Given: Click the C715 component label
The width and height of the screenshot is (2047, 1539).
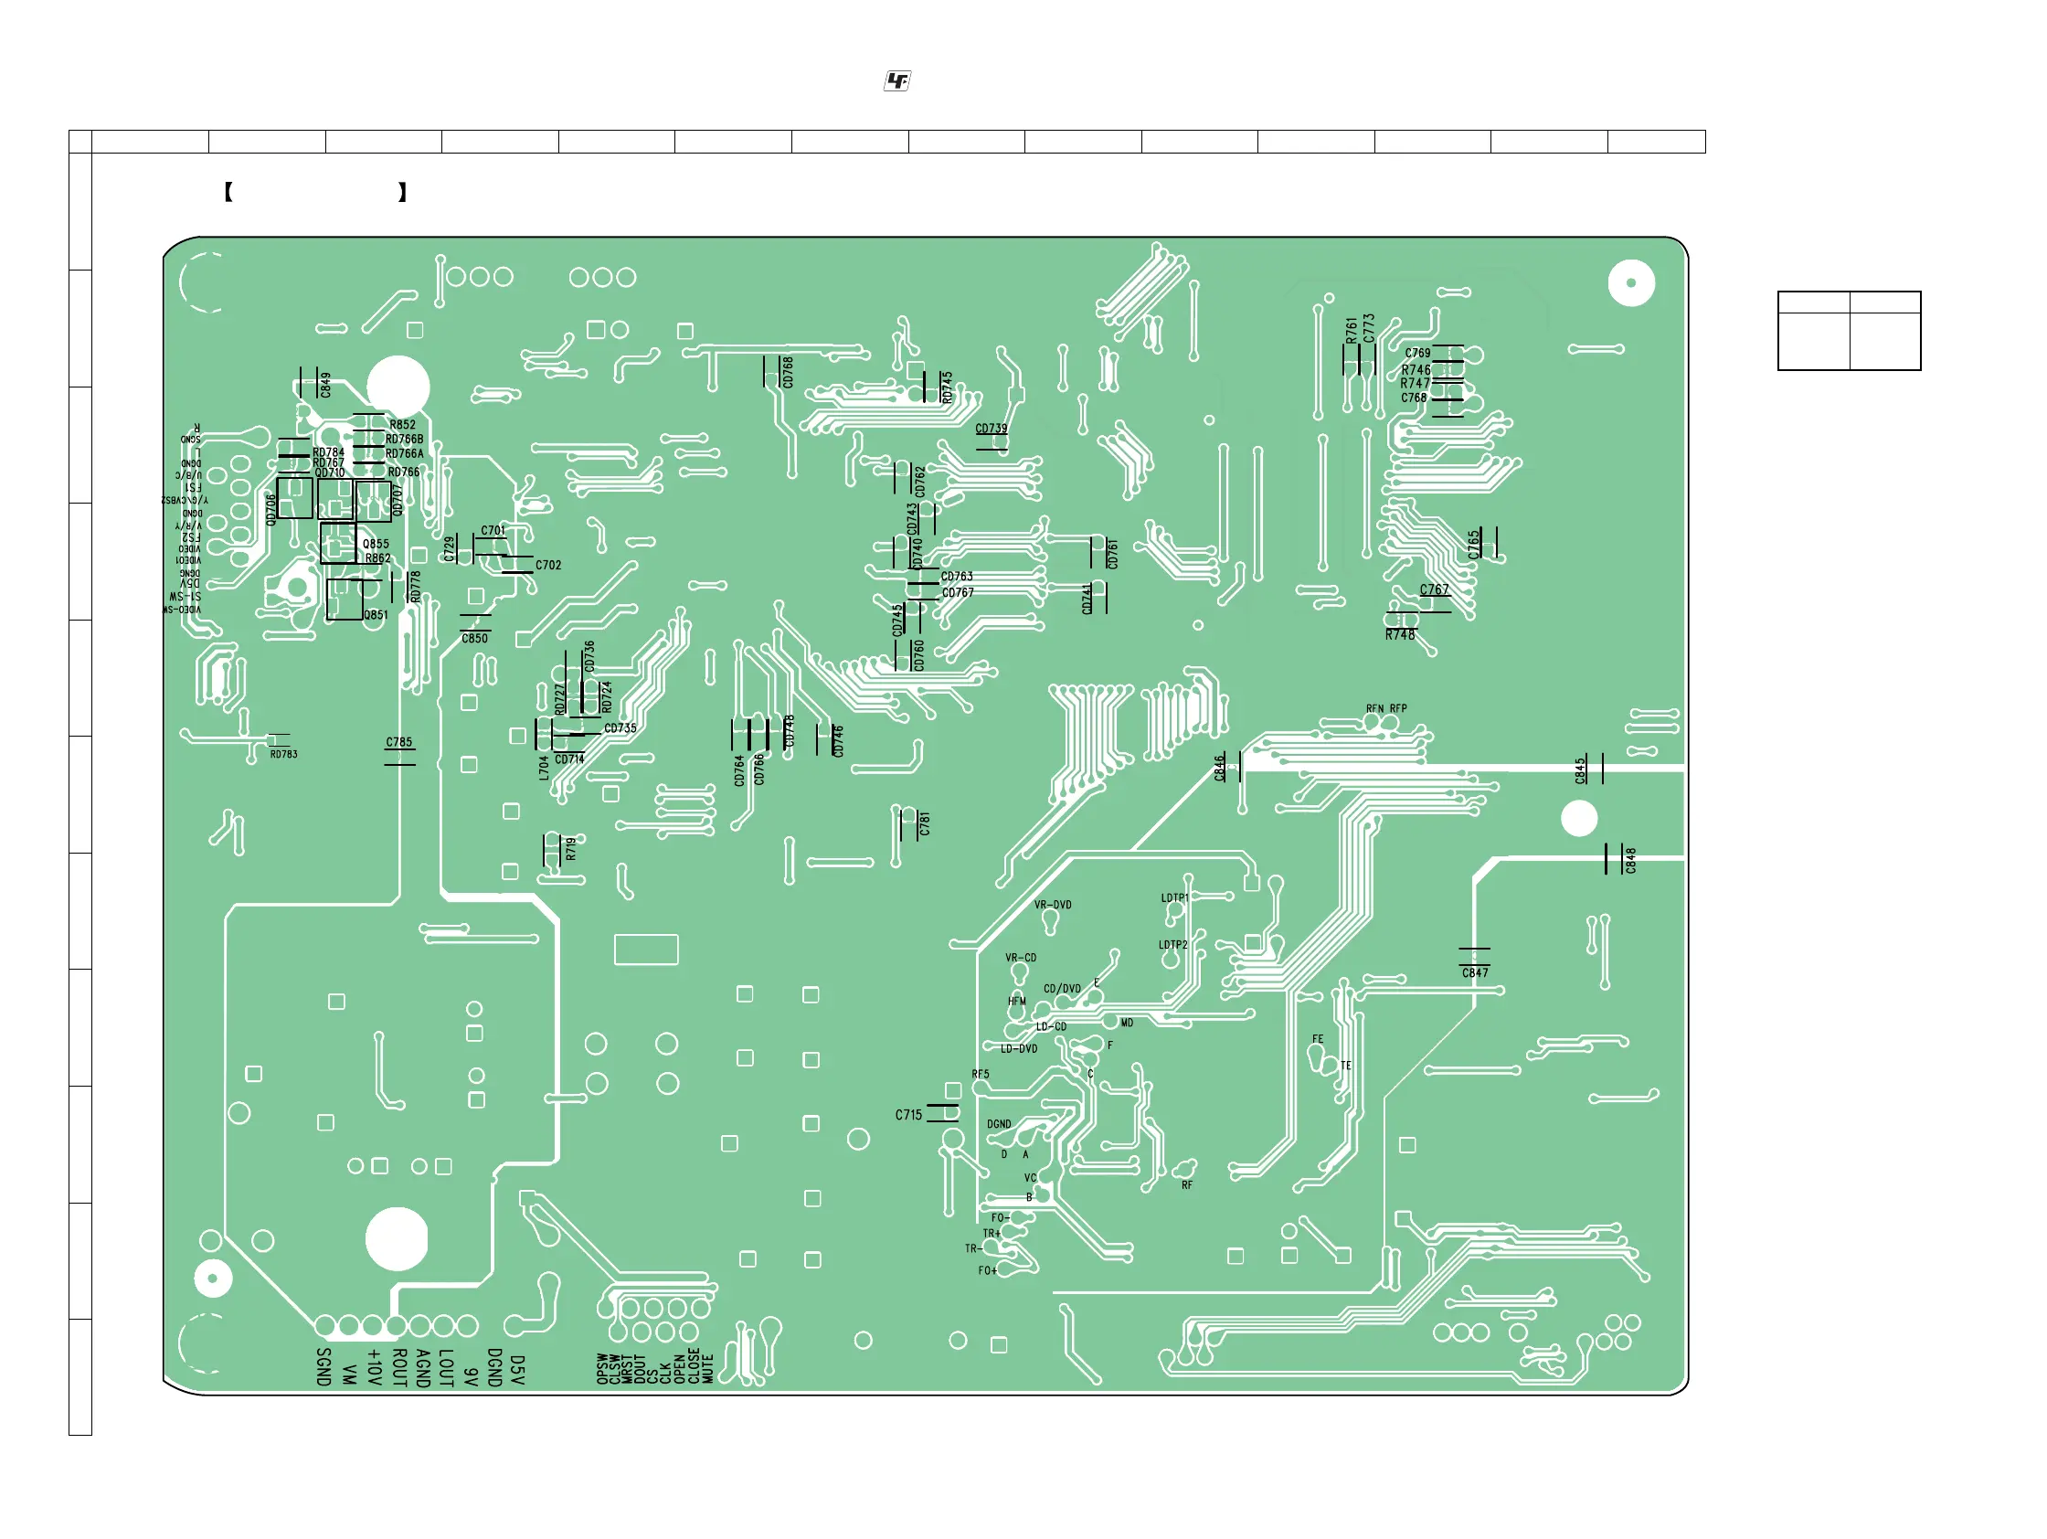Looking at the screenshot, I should click(x=907, y=1115).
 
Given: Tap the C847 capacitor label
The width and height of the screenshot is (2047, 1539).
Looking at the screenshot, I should click(x=1475, y=972).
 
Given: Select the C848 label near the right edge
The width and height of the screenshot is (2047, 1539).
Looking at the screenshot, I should click(x=1630, y=860).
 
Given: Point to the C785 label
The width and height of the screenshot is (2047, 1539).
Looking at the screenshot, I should click(x=398, y=742).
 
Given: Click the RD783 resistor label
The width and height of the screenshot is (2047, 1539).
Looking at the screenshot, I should click(x=284, y=754).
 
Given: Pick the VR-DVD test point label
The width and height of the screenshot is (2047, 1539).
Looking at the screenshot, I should click(x=1052, y=905).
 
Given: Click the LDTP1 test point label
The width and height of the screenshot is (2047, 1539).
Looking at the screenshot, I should click(x=1174, y=897).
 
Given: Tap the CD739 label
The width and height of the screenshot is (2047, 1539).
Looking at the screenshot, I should click(x=992, y=429).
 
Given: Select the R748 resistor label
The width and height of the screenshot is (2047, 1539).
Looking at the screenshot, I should click(x=1400, y=635).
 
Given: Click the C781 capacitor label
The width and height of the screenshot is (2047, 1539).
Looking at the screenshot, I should click(x=924, y=823).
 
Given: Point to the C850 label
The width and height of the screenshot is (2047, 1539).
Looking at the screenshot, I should click(x=474, y=639).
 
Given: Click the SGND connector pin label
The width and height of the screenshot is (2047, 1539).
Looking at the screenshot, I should click(x=323, y=1367).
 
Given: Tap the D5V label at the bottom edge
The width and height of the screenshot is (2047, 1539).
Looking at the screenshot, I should click(x=517, y=1371).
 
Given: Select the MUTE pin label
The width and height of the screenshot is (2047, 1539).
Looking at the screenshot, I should click(x=708, y=1369).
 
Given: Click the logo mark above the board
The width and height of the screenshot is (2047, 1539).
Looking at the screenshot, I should click(x=896, y=81).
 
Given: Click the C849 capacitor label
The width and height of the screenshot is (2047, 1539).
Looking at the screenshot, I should click(x=324, y=385).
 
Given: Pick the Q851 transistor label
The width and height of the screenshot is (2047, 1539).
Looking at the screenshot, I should click(x=376, y=614).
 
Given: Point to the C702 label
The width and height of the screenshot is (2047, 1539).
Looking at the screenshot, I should click(x=547, y=565).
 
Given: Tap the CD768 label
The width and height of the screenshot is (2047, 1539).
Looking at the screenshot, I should click(x=788, y=372).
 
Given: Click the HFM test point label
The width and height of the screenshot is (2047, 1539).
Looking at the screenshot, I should click(x=1016, y=1002).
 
